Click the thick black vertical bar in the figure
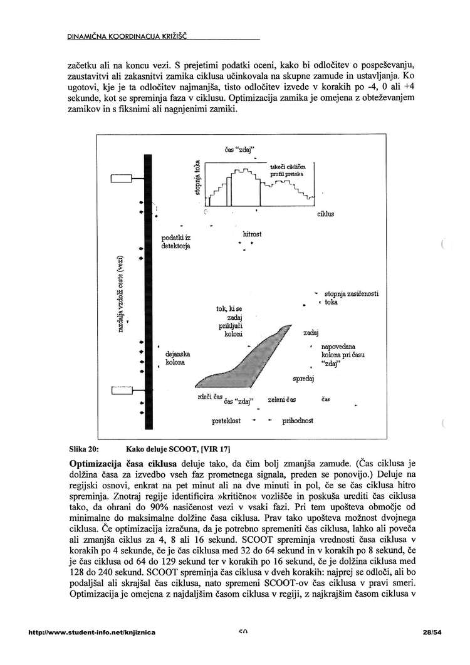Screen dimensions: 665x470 tap(148, 288)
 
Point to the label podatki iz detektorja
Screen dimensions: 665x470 tap(176, 243)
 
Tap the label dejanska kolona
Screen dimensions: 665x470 tap(177, 359)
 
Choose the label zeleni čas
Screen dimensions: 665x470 tap(282, 399)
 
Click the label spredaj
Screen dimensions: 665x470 tap(303, 379)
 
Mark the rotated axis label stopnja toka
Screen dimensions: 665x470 tap(198, 178)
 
